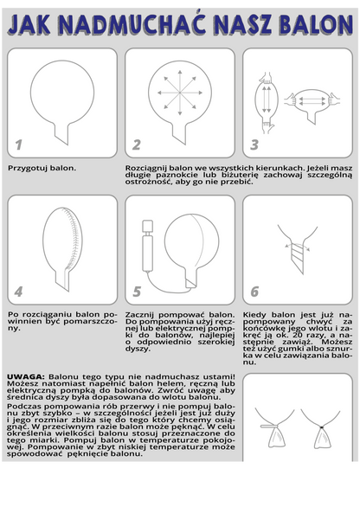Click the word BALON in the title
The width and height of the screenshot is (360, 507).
point(316,25)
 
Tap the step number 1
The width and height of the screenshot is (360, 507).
point(19,145)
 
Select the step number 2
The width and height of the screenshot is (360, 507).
point(137,145)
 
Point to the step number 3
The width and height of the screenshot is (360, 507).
point(254,145)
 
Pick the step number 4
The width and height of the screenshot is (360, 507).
point(18,292)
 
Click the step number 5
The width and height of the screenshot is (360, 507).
point(137,292)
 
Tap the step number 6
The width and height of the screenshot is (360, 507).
point(254,292)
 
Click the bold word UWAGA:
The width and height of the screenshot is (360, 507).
point(26,376)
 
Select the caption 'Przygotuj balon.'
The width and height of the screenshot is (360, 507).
point(42,169)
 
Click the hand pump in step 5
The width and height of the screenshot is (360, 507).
point(147,245)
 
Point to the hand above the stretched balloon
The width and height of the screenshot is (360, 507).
point(266,78)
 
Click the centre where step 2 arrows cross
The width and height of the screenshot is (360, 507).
point(180,93)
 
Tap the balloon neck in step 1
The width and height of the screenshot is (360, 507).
point(61,133)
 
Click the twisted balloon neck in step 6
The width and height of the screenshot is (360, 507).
point(298,255)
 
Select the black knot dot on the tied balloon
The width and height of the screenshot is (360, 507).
point(322,427)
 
